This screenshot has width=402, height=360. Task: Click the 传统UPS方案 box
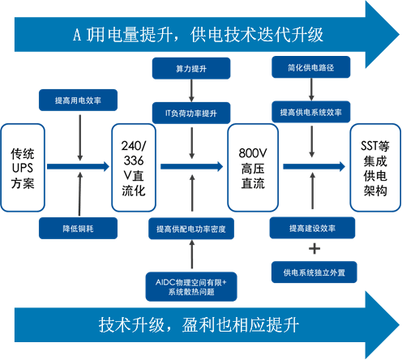23,168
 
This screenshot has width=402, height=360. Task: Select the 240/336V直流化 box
134,168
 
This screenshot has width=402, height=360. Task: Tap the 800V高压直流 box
253,168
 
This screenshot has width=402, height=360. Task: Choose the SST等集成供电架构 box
375,168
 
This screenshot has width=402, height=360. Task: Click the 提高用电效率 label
78,101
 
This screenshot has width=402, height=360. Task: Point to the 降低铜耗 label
78,229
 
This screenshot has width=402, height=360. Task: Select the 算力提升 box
191,68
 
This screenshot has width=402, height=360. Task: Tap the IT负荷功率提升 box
191,113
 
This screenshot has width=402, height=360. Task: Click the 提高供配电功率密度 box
191,229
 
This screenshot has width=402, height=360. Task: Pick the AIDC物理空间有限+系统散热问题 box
191,287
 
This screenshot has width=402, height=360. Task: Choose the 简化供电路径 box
311,67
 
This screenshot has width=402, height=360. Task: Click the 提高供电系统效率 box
311,112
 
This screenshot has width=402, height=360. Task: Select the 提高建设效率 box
312,228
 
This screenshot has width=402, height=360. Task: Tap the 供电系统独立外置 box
314,272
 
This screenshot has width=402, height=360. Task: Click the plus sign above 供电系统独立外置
314,249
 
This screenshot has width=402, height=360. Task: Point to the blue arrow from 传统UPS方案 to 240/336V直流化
78,166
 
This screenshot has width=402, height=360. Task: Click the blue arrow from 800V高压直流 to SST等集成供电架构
314,166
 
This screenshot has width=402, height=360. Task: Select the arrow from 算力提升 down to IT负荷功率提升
191,91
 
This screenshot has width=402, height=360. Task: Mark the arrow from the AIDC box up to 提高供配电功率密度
192,255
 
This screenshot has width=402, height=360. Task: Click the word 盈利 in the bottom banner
199,324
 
